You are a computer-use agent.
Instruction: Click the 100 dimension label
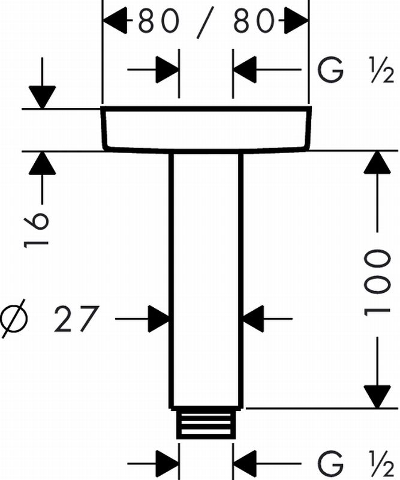pos(377,281)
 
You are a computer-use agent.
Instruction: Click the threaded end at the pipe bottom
pos(206,425)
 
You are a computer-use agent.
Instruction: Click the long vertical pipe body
pos(206,276)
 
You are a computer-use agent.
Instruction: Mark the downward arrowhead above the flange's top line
pos(42,97)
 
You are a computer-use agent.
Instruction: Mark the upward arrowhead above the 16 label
pos(42,163)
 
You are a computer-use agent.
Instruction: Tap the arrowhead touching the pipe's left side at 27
pos(160,317)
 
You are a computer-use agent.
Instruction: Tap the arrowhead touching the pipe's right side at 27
pos(252,317)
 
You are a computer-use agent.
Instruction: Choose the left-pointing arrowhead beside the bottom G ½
pos(246,464)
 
